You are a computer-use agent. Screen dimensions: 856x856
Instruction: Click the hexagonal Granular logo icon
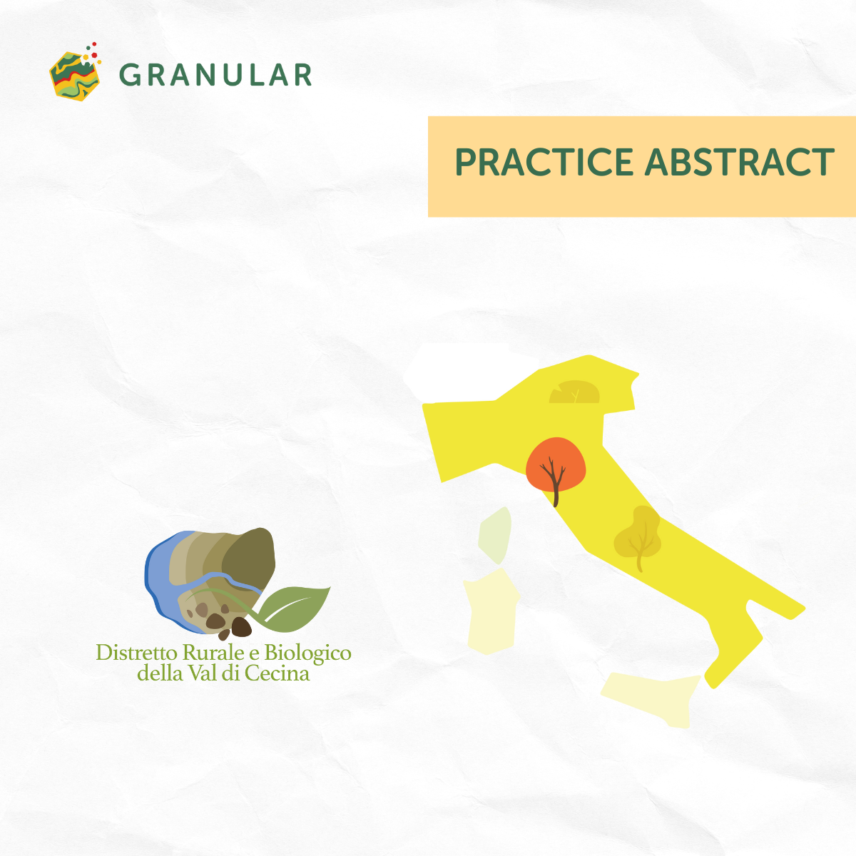[x=74, y=76]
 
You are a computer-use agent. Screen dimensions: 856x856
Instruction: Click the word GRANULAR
[x=215, y=75]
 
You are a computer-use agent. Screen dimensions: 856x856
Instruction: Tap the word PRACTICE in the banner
[x=544, y=162]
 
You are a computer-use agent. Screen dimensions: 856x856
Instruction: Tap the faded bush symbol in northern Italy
[x=574, y=392]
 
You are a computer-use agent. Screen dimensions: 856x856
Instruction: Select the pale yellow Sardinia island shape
[x=491, y=611]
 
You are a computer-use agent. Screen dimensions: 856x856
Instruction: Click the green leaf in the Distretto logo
[x=294, y=608]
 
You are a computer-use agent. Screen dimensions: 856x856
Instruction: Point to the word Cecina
[x=277, y=673]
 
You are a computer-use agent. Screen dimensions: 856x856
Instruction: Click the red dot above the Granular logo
[x=94, y=55]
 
